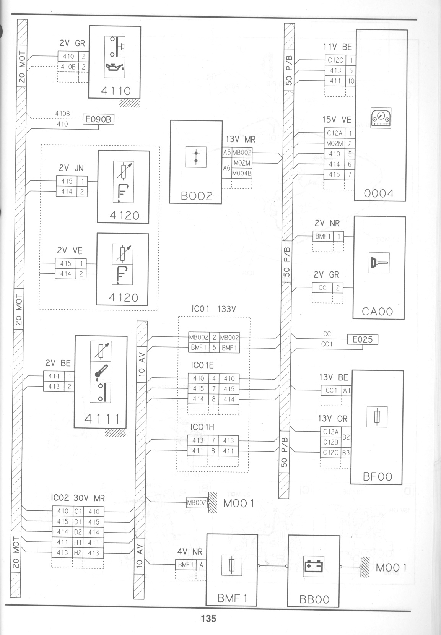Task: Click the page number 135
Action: pyautogui.click(x=209, y=618)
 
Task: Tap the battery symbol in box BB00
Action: pyautogui.click(x=313, y=566)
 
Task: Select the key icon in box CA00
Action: pyautogui.click(x=379, y=263)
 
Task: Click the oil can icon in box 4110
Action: pyautogui.click(x=115, y=67)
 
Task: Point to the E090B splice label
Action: pyautogui.click(x=98, y=119)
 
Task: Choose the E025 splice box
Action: pyautogui.click(x=363, y=339)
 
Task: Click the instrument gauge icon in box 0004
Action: pyautogui.click(x=381, y=118)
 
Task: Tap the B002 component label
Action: pyautogui.click(x=197, y=196)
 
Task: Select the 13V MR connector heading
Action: pyautogui.click(x=241, y=140)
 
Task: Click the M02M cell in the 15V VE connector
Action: pyautogui.click(x=335, y=144)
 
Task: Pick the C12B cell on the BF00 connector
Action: pyautogui.click(x=331, y=442)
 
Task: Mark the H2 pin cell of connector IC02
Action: pyautogui.click(x=78, y=552)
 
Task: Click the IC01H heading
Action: pyautogui.click(x=202, y=427)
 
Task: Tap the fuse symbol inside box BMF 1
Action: pyautogui.click(x=232, y=565)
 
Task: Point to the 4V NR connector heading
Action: pyautogui.click(x=190, y=552)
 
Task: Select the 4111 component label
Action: pyautogui.click(x=102, y=419)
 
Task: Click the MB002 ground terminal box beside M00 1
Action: pyautogui.click(x=197, y=503)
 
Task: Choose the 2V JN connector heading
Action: pyautogui.click(x=71, y=168)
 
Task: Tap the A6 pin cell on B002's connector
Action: pyautogui.click(x=226, y=168)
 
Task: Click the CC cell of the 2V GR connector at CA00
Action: pyautogui.click(x=322, y=288)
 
